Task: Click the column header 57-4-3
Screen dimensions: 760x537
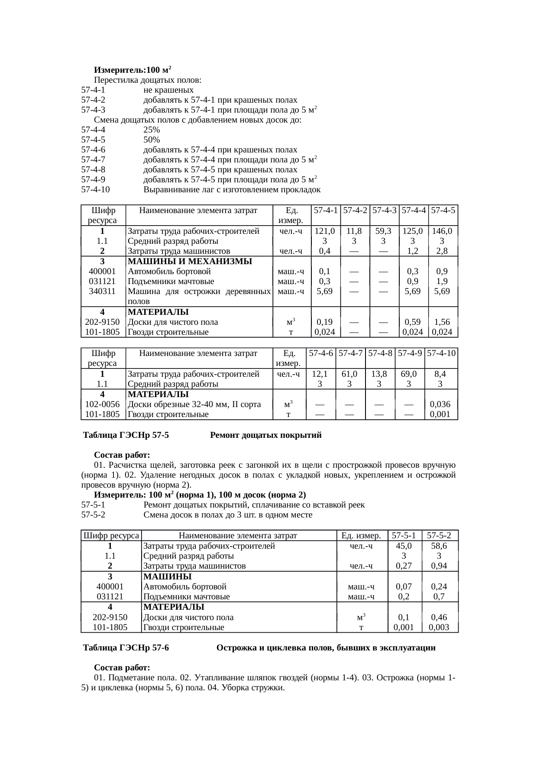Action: click(x=385, y=210)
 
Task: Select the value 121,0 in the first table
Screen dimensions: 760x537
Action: click(x=324, y=231)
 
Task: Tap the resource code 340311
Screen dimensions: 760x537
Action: click(x=102, y=291)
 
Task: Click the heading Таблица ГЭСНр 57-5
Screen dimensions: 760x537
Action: click(x=126, y=435)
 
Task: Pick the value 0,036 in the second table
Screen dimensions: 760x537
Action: click(x=440, y=404)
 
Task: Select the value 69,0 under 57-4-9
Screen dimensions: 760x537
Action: click(x=409, y=374)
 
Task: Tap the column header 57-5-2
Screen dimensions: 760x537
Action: click(x=439, y=536)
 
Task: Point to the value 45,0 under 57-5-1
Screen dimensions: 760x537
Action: click(x=404, y=546)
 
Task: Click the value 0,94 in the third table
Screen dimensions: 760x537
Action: click(x=439, y=566)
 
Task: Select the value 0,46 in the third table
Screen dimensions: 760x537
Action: click(x=439, y=617)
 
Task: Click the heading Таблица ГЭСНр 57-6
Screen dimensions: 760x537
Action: click(x=126, y=648)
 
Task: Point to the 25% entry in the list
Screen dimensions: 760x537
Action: click(x=152, y=130)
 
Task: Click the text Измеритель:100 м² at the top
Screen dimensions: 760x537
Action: click(x=133, y=70)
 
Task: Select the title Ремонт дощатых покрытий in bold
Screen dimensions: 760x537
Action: click(x=265, y=435)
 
